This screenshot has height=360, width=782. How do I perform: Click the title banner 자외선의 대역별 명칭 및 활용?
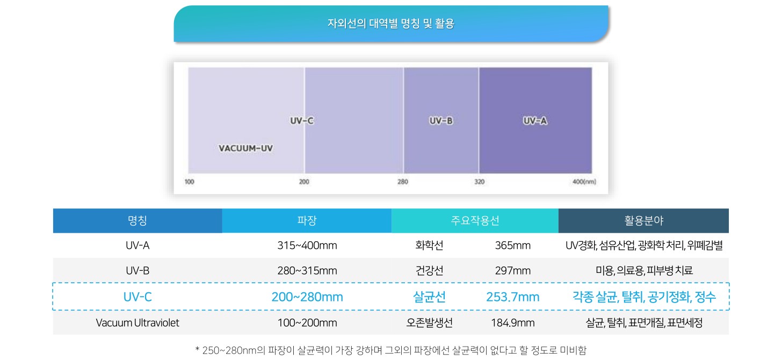(x=390, y=24)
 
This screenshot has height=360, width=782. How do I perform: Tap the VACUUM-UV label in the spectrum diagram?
(x=245, y=148)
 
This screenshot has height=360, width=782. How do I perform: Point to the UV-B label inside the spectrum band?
(x=441, y=121)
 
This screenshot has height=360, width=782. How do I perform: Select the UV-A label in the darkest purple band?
(x=534, y=121)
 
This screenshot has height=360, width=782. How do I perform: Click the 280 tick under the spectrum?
(x=402, y=182)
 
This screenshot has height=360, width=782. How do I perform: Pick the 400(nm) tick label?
(x=584, y=182)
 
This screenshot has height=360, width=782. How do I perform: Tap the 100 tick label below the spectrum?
(x=190, y=182)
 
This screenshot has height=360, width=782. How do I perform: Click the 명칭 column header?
(x=137, y=220)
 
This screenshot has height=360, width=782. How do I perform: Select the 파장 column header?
(x=307, y=220)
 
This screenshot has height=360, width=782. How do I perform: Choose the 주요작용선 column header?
(x=475, y=220)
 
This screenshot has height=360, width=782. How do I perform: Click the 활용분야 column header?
(x=643, y=220)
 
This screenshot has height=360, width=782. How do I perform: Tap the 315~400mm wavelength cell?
(x=307, y=246)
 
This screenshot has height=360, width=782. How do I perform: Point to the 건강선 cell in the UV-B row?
(x=430, y=271)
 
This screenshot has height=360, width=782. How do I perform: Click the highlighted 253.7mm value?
(x=512, y=297)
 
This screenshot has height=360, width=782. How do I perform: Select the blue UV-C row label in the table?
(x=137, y=297)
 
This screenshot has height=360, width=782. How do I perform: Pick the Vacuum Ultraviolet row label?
(x=137, y=323)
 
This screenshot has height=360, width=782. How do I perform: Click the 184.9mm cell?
(x=512, y=323)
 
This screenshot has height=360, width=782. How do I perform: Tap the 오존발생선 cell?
(x=430, y=323)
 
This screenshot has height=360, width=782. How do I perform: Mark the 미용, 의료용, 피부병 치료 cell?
(x=644, y=271)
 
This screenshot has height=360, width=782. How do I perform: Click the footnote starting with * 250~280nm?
(x=390, y=350)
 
